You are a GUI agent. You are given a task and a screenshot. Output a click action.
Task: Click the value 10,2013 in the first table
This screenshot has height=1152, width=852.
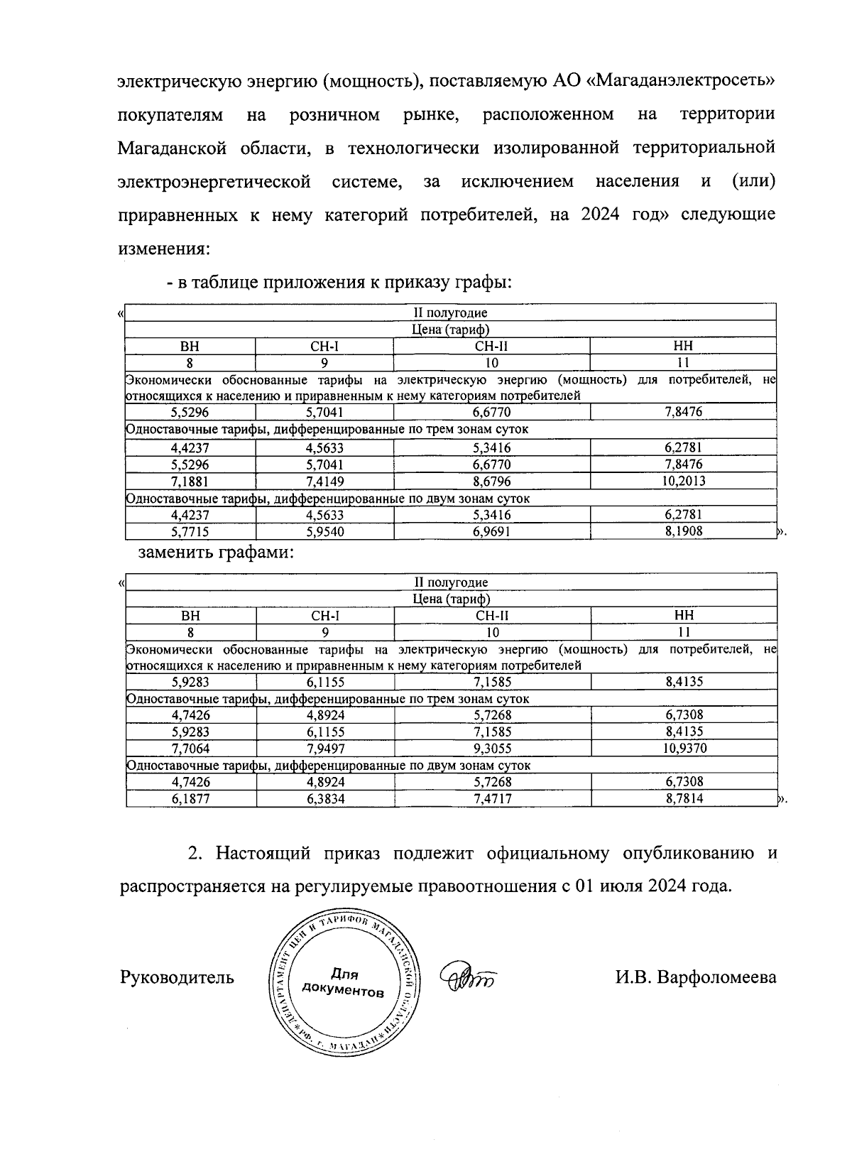coord(683,481)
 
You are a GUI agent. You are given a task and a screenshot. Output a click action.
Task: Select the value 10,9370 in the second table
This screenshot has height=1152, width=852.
coord(683,748)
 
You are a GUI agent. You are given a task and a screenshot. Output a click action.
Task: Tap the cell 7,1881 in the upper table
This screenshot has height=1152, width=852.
coord(190,481)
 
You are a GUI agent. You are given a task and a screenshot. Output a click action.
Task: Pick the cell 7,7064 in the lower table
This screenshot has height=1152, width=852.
coord(190,748)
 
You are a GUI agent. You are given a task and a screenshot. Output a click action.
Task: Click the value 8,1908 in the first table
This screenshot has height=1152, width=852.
coord(683,531)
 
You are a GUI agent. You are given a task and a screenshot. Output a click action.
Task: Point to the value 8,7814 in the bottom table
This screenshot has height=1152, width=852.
coord(683,798)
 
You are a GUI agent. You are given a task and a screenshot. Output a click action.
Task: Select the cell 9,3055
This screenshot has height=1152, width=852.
coord(492,748)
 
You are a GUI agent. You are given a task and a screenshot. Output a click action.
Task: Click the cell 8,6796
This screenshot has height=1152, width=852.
coord(491,481)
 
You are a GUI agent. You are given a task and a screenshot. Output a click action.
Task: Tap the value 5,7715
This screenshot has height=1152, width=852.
coord(190,531)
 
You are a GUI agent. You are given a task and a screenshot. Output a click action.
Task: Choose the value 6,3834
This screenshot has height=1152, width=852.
coord(325,798)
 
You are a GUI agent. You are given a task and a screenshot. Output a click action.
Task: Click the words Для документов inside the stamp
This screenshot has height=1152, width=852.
coord(344,983)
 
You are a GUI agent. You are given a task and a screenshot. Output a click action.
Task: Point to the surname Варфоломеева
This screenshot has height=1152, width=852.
coord(716,977)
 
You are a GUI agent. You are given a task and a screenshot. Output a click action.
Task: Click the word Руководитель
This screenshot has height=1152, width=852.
coord(177,977)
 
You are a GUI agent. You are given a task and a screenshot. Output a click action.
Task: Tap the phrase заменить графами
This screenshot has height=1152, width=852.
coord(215,553)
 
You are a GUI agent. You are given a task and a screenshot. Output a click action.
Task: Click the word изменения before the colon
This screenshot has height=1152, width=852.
coord(161,249)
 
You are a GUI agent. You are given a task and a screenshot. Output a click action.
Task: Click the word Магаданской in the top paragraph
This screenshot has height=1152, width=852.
coord(172,148)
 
